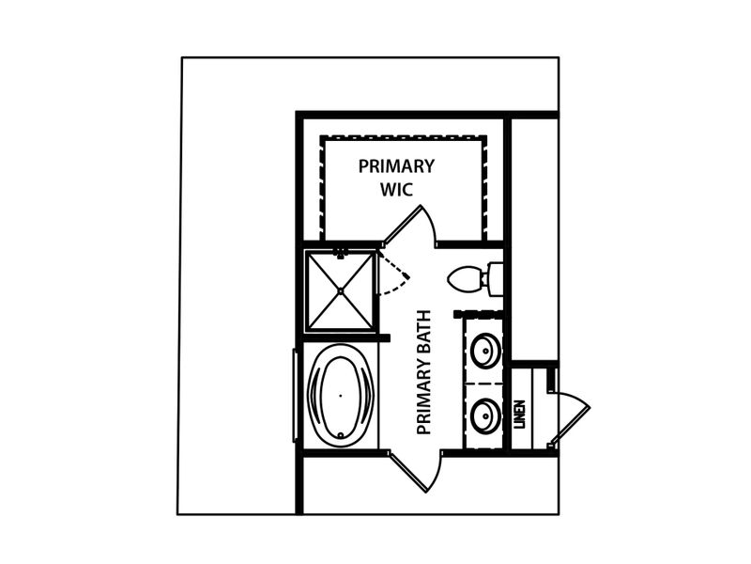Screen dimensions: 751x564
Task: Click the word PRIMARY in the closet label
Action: click(x=396, y=166)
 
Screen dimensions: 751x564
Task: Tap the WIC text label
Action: click(x=396, y=190)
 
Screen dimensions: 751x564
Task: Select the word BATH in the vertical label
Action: click(x=424, y=335)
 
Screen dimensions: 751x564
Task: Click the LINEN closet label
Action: click(x=519, y=415)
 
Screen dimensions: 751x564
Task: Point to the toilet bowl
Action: click(x=465, y=279)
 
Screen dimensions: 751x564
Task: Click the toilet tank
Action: click(x=496, y=279)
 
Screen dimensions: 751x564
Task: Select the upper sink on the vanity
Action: click(x=485, y=350)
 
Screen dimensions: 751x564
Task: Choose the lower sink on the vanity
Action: click(x=485, y=415)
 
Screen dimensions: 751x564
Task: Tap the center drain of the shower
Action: click(x=341, y=290)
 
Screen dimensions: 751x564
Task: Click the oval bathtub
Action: click(x=341, y=396)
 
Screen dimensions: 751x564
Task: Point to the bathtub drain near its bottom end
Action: click(x=341, y=435)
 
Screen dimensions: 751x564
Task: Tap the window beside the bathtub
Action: click(x=295, y=396)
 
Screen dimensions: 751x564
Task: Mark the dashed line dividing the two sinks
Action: click(x=483, y=384)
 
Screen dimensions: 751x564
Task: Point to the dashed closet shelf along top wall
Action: click(x=404, y=138)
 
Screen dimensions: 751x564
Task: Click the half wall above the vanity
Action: click(x=478, y=314)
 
